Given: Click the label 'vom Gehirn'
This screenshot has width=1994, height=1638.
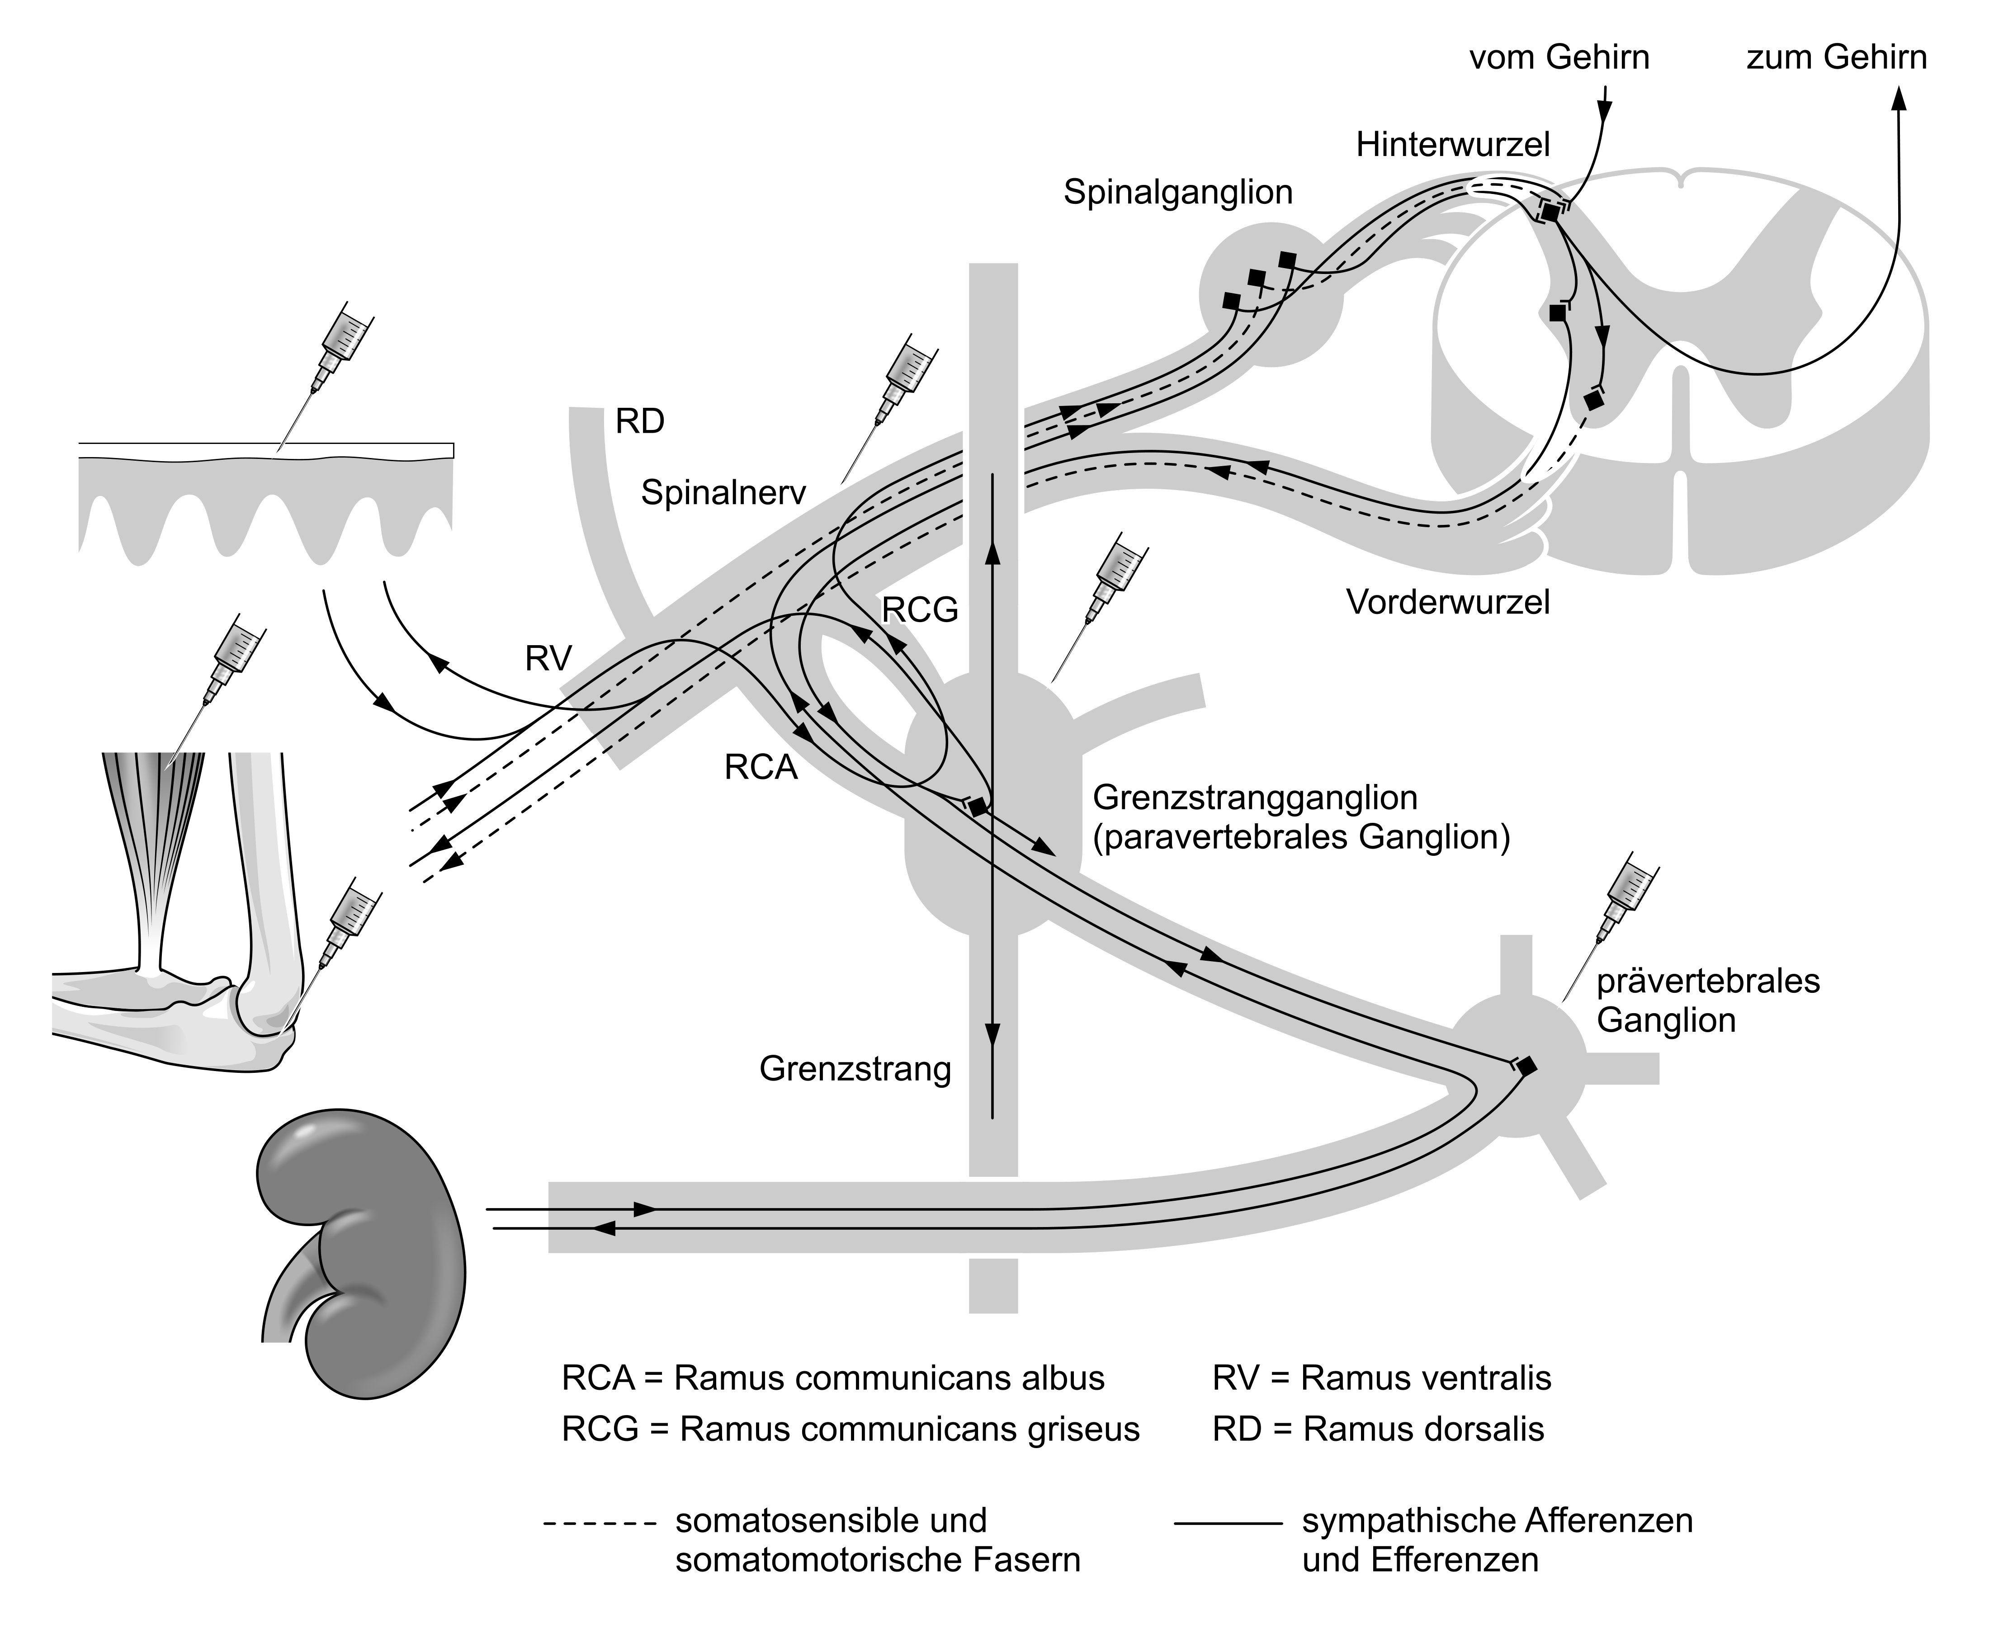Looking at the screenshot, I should (x=1559, y=57).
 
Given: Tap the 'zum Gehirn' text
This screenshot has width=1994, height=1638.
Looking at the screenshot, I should (x=1836, y=57).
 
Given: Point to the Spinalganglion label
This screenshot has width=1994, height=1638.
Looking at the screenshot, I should (x=1178, y=193).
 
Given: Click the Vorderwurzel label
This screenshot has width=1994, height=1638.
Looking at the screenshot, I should (x=1448, y=602).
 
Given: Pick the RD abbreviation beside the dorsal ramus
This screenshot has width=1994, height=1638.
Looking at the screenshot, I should (x=640, y=422).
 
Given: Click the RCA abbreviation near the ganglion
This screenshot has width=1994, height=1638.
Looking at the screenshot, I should (x=761, y=768).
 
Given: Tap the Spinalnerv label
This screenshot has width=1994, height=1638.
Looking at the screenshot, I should (x=723, y=492).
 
